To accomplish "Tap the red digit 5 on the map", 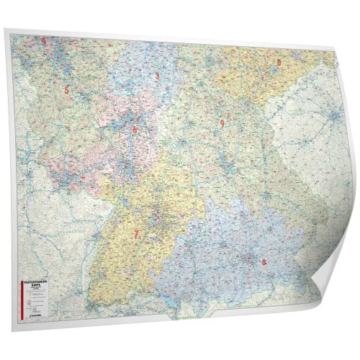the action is [x=67, y=90].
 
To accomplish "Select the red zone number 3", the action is [x=158, y=76].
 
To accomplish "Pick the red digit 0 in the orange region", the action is [x=279, y=62].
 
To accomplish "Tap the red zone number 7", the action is [x=135, y=234].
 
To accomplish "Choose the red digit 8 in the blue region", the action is [x=264, y=262].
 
